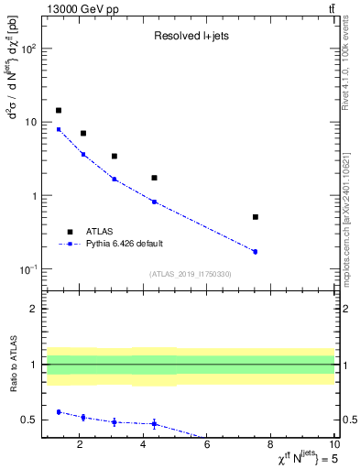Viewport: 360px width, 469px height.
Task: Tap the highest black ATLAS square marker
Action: coord(59,110)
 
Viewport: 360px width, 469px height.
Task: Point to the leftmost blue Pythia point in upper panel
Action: coord(59,129)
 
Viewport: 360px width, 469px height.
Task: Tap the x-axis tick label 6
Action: coord(207,445)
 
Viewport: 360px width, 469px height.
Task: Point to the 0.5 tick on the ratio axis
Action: coord(28,420)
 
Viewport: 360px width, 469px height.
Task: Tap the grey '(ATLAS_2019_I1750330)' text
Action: coord(191,273)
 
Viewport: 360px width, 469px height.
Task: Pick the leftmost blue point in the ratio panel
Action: coord(59,412)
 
